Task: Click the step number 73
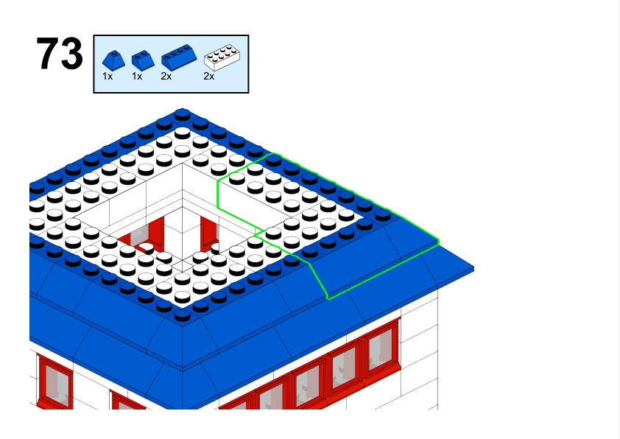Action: [60, 53]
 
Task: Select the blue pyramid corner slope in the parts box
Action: [113, 60]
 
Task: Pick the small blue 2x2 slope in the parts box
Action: [143, 60]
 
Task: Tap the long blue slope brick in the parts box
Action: [179, 57]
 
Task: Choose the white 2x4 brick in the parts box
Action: [222, 57]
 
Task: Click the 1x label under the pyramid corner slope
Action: [108, 77]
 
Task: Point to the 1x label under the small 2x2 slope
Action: [137, 77]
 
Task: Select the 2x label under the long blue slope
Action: [166, 77]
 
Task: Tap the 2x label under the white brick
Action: [209, 77]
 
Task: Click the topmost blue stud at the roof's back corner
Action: [183, 114]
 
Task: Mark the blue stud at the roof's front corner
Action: [183, 315]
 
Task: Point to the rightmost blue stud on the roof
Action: [383, 215]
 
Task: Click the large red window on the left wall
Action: [54, 382]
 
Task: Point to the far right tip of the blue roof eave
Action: [473, 269]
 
